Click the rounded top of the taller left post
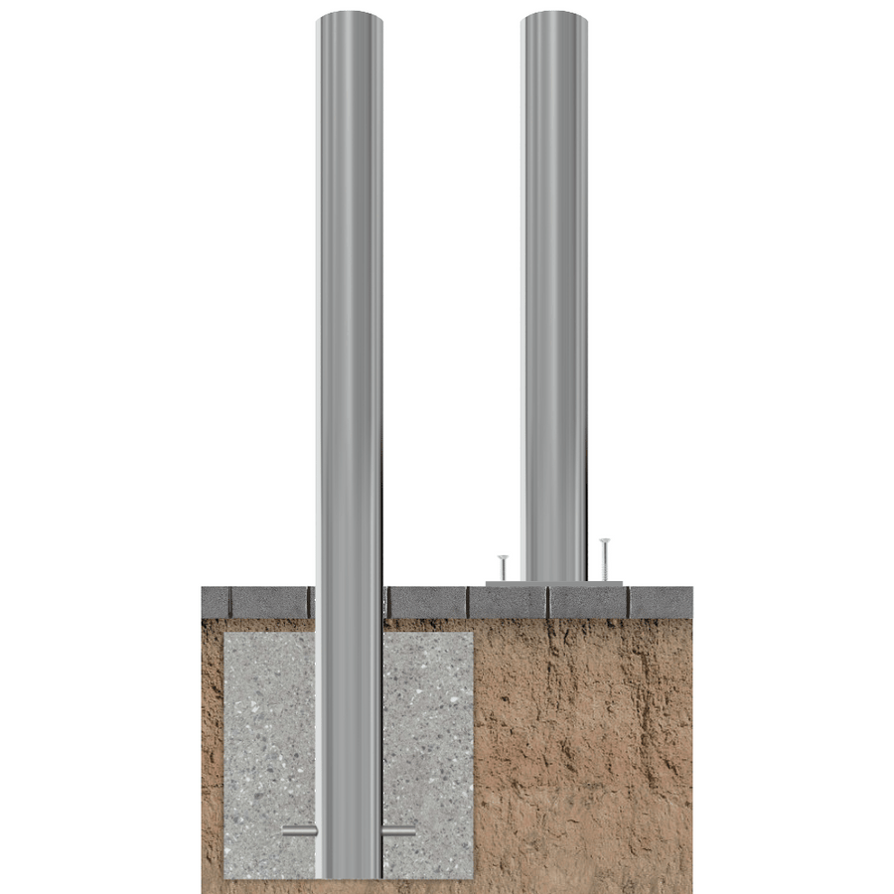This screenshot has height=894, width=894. [x=349, y=20]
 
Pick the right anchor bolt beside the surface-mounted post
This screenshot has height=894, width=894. [x=604, y=558]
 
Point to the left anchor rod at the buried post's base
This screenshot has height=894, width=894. [x=299, y=830]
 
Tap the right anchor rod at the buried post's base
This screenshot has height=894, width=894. [x=398, y=830]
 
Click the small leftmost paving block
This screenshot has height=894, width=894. [x=216, y=601]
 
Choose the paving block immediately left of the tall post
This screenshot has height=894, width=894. [x=270, y=601]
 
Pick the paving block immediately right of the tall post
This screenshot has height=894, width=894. [x=427, y=601]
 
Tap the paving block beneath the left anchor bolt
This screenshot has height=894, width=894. [x=508, y=601]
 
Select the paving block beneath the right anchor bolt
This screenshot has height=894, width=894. [x=588, y=601]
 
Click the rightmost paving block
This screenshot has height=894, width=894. [x=661, y=601]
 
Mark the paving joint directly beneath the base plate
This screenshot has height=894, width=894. [x=548, y=600]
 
